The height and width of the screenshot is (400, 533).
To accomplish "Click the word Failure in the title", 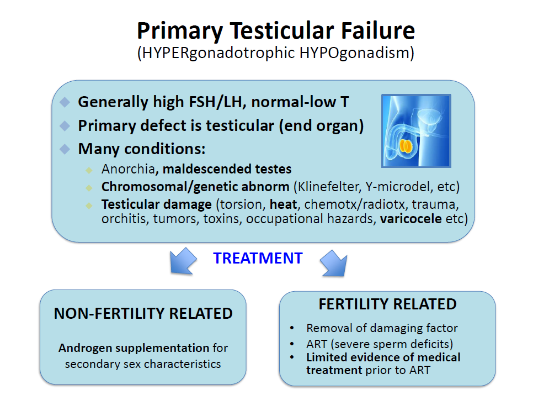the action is click(377, 30).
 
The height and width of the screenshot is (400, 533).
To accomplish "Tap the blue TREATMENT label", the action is click(258, 259).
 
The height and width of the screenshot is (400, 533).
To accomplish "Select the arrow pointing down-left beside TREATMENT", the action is click(183, 261).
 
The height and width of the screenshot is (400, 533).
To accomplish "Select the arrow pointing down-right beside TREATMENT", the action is click(334, 263).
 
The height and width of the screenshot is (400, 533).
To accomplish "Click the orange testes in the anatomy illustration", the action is click(405, 146).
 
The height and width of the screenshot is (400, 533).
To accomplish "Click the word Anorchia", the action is click(128, 169).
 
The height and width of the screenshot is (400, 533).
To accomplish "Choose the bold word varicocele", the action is click(411, 219).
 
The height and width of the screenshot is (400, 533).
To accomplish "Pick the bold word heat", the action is click(284, 204).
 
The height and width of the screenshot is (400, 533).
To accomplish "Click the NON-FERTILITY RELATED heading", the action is click(143, 313).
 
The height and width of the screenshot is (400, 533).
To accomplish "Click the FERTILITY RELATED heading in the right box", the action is click(387, 304).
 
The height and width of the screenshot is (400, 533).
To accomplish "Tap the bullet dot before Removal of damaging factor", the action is click(292, 328).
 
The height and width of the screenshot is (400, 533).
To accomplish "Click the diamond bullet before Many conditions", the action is click(65, 149).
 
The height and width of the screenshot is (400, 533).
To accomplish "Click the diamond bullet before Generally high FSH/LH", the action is click(65, 102).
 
